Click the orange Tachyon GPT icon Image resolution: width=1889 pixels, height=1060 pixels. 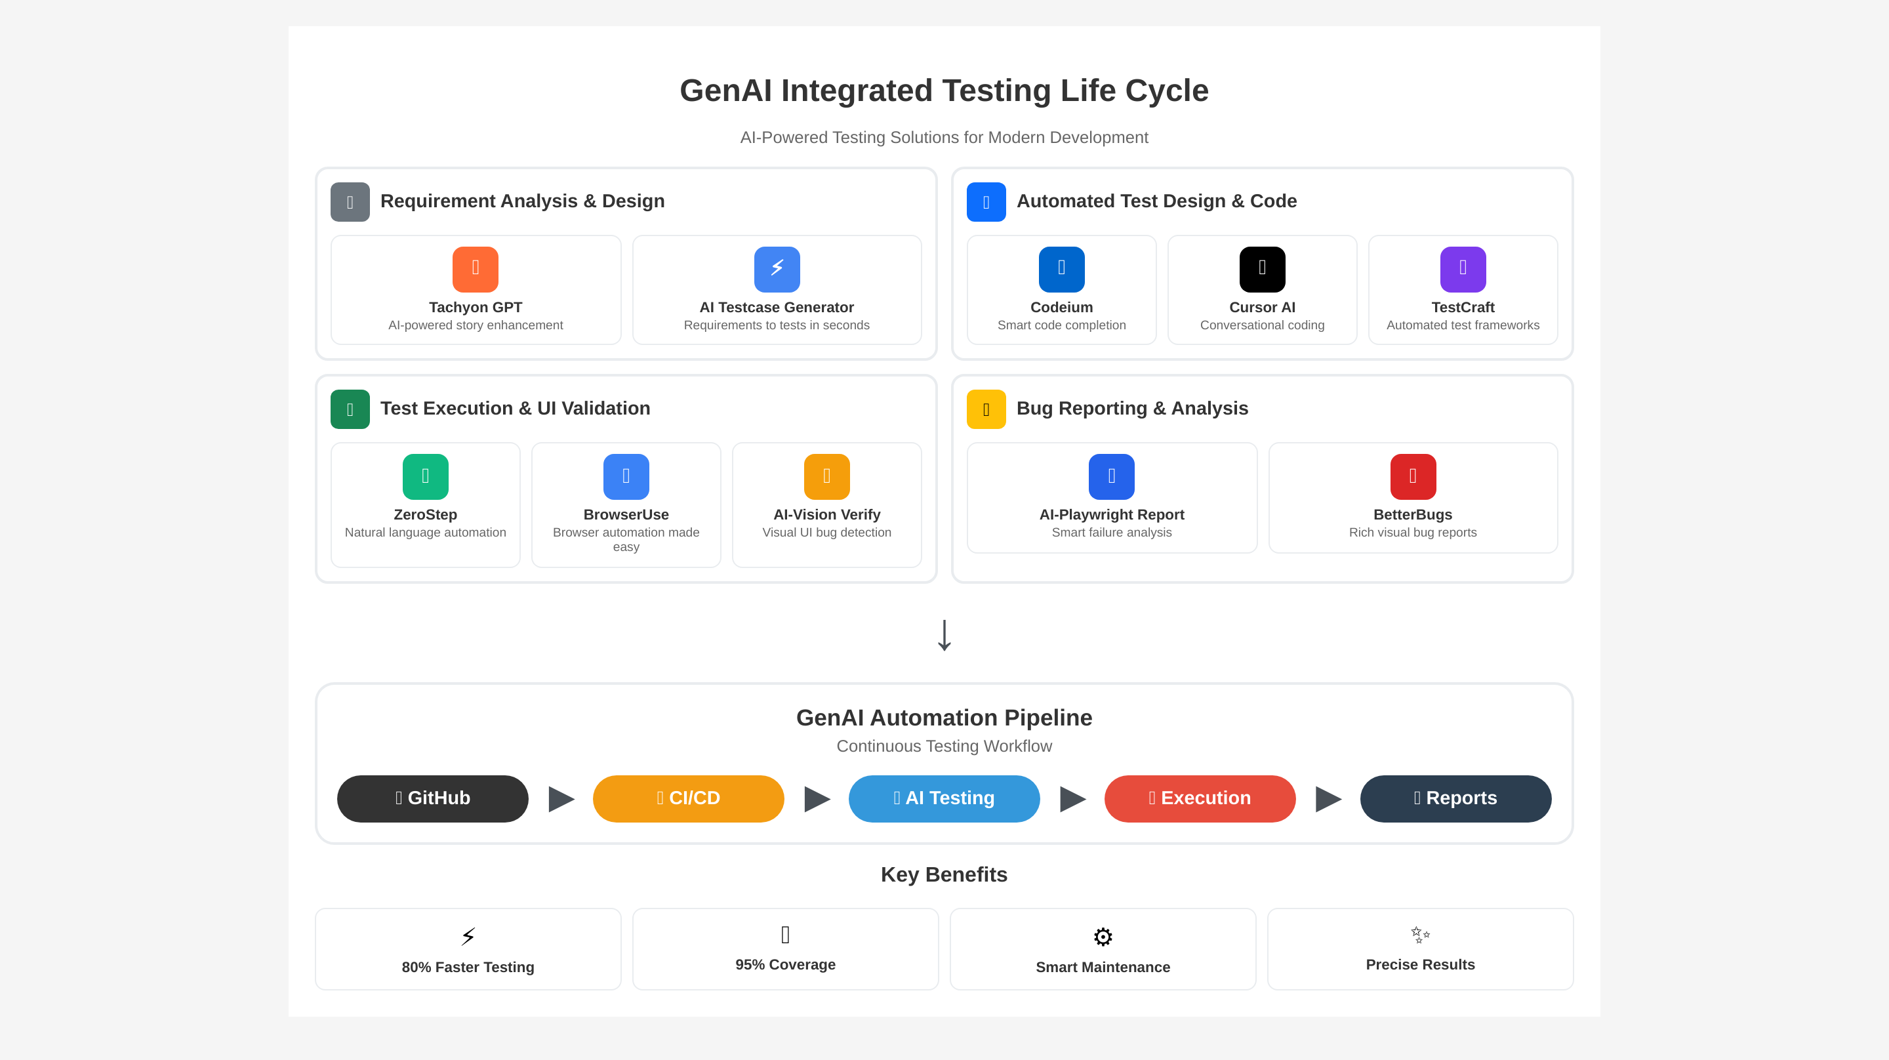tap(475, 269)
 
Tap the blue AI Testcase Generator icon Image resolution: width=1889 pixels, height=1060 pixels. tap(777, 269)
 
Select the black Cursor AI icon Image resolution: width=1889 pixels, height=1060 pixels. tap(1262, 269)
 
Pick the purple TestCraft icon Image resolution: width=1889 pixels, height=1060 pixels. tap(1462, 269)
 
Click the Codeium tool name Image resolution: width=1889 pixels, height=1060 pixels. tap(1061, 308)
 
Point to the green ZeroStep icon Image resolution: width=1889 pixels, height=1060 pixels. tap(425, 477)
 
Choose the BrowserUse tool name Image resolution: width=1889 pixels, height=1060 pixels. tap(626, 514)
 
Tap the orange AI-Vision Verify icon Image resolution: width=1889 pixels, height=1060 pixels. tap(826, 477)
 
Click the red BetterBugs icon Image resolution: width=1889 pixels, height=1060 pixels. tap(1412, 477)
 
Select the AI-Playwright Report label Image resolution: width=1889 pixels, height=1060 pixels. tap(1111, 514)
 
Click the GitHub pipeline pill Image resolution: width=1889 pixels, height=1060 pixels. tap(433, 798)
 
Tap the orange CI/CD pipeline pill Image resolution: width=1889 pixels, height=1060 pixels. tap(688, 798)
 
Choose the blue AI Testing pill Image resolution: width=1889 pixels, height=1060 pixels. tap(944, 798)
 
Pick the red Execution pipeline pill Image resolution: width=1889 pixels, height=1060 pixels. tap(1200, 798)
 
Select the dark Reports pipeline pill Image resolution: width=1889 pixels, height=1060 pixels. tap(1455, 798)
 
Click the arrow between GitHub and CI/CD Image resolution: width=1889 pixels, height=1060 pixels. tap(561, 799)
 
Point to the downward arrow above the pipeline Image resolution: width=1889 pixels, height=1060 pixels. tap(944, 635)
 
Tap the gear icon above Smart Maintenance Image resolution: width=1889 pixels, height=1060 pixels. tap(1102, 937)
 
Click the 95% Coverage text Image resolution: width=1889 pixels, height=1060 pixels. tap(785, 965)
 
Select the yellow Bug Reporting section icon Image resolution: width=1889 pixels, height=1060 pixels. tap(986, 409)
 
